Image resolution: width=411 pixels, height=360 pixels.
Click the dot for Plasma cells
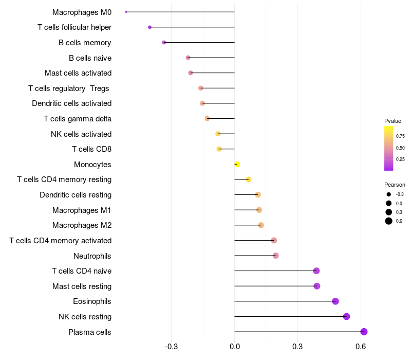(x=364, y=332)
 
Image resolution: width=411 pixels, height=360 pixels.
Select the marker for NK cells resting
(x=346, y=316)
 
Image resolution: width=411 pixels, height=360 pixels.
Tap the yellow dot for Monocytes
(x=237, y=164)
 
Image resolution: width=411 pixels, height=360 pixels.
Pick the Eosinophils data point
(x=335, y=301)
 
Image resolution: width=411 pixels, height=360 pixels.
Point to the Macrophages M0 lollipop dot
(x=126, y=12)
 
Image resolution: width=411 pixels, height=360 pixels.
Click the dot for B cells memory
(x=164, y=42)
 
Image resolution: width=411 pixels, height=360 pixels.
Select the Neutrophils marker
(x=275, y=256)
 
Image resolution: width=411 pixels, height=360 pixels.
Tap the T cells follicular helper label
(x=74, y=27)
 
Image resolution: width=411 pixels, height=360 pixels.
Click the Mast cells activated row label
(x=78, y=73)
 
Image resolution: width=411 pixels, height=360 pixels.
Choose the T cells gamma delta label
(x=78, y=119)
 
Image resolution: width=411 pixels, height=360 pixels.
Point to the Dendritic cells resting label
(x=76, y=195)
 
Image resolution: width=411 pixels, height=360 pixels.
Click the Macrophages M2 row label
(x=82, y=225)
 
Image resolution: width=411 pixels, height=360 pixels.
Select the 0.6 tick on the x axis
(x=361, y=346)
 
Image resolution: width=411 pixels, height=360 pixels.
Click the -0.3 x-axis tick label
(x=171, y=346)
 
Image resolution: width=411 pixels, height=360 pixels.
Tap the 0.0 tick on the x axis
(x=234, y=346)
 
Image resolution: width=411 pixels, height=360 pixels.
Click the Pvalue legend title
(x=393, y=121)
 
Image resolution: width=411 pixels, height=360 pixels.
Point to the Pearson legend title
(x=395, y=185)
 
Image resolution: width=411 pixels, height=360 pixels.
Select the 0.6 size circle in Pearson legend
(x=389, y=221)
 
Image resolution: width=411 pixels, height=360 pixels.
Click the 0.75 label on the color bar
(x=400, y=136)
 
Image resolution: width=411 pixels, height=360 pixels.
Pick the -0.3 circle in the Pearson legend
(x=389, y=194)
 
